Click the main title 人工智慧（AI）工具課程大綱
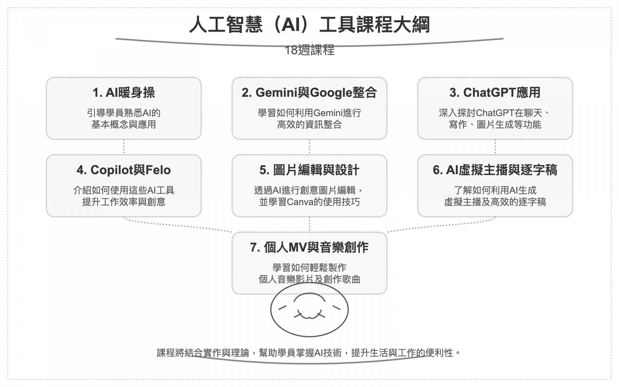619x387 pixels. [x=309, y=25]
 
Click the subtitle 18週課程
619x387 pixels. [x=309, y=50]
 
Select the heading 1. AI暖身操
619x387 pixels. [x=124, y=93]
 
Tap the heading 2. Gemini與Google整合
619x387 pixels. [x=309, y=93]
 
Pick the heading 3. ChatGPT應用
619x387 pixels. [x=495, y=93]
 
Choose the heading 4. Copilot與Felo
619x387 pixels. [x=124, y=170]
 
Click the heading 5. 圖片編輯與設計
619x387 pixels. [x=309, y=170]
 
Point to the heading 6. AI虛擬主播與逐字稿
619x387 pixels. [x=495, y=170]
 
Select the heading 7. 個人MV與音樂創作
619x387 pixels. [x=309, y=247]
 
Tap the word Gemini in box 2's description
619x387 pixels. [x=327, y=113]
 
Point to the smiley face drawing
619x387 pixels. [x=309, y=310]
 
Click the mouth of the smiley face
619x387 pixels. [x=309, y=316]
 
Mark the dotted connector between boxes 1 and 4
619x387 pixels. [x=124, y=147]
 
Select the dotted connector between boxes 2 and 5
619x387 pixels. [x=309, y=147]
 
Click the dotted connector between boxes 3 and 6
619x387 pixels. [x=495, y=147]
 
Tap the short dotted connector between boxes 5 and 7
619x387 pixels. [x=309, y=224]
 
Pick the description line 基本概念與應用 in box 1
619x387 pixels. [x=124, y=125]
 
